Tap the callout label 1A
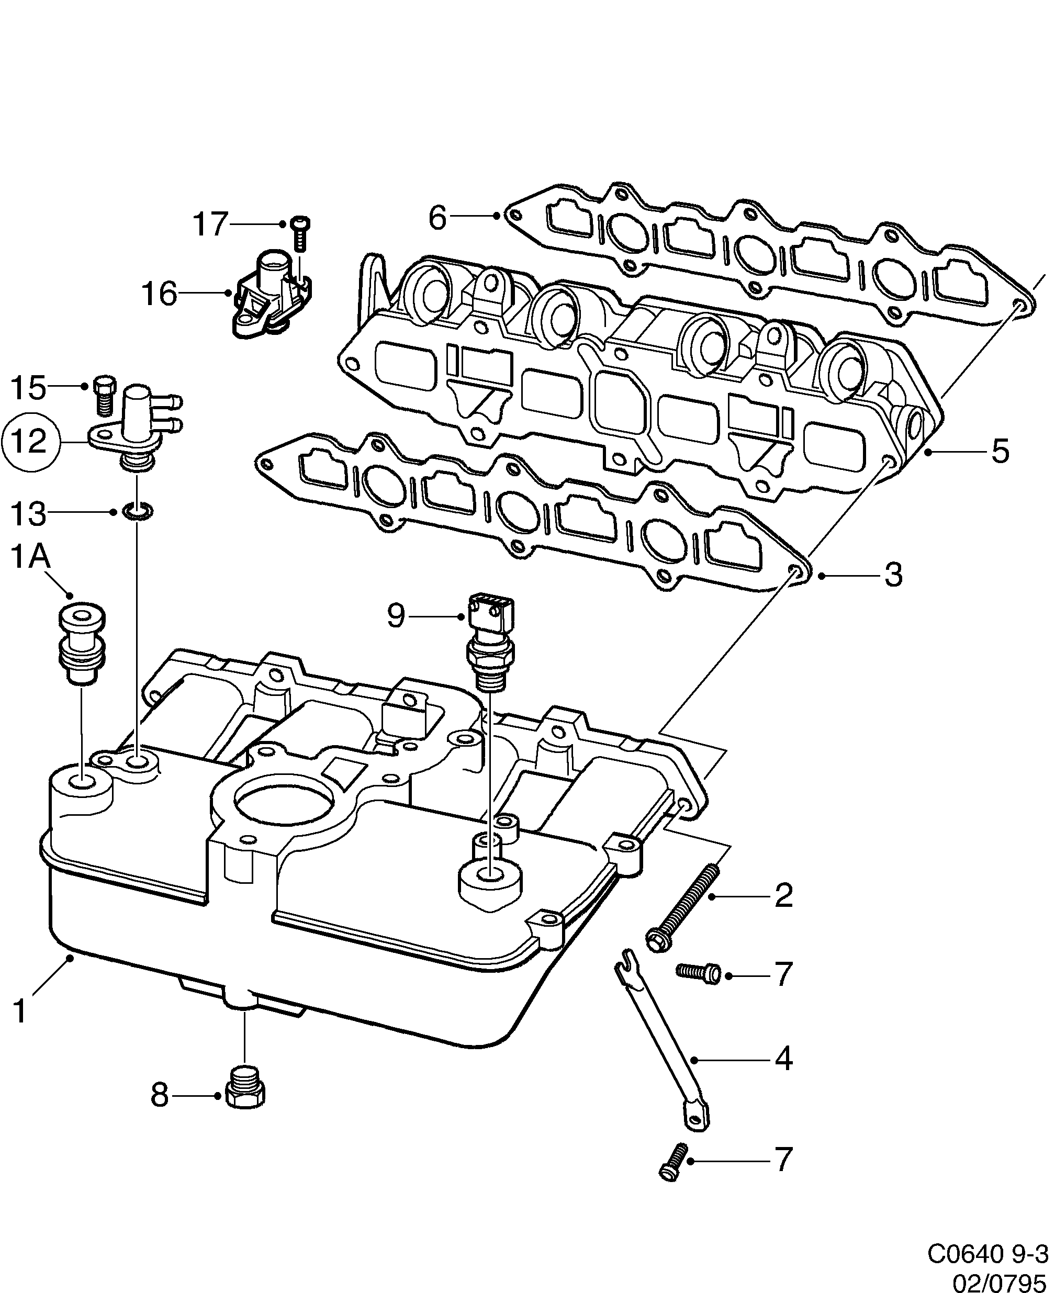30,558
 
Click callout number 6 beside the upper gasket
437,217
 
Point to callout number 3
893,575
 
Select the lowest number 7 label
783,1160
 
